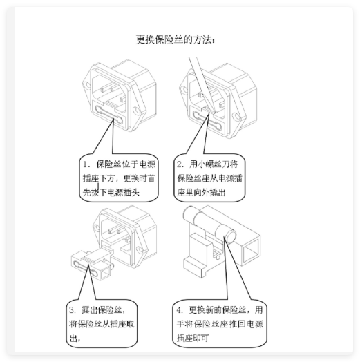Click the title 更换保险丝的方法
click(x=176, y=39)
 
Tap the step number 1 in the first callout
click(x=86, y=164)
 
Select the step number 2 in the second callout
click(x=180, y=164)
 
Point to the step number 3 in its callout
click(x=72, y=309)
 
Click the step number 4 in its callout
click(x=180, y=309)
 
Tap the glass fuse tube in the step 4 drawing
click(x=209, y=223)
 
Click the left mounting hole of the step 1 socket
click(x=87, y=85)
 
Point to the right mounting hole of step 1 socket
click(x=138, y=111)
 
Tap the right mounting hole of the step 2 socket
click(x=237, y=117)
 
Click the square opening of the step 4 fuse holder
click(x=252, y=250)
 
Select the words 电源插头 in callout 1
click(x=124, y=192)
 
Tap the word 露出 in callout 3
click(x=90, y=309)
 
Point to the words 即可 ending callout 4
click(x=200, y=338)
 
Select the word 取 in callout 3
click(x=130, y=324)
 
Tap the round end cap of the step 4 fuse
click(x=230, y=237)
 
